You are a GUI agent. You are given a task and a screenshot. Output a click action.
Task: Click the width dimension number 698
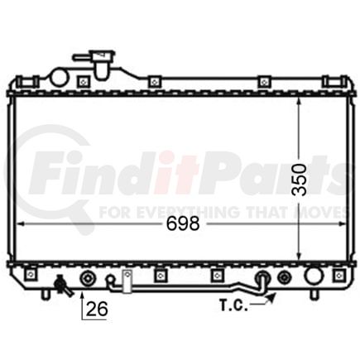pyautogui.click(x=183, y=223)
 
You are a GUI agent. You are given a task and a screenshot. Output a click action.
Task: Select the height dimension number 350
pyautogui.click(x=300, y=180)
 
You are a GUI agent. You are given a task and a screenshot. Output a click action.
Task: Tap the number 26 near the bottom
pyautogui.click(x=97, y=309)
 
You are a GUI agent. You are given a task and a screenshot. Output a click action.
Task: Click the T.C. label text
pyautogui.click(x=233, y=305)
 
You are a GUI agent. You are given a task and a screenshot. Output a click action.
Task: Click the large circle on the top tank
pyautogui.click(x=59, y=78)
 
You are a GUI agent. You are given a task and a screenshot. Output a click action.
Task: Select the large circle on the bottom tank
pyautogui.click(x=313, y=276)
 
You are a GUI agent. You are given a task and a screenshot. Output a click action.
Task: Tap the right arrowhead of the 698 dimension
pyautogui.click(x=342, y=223)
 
